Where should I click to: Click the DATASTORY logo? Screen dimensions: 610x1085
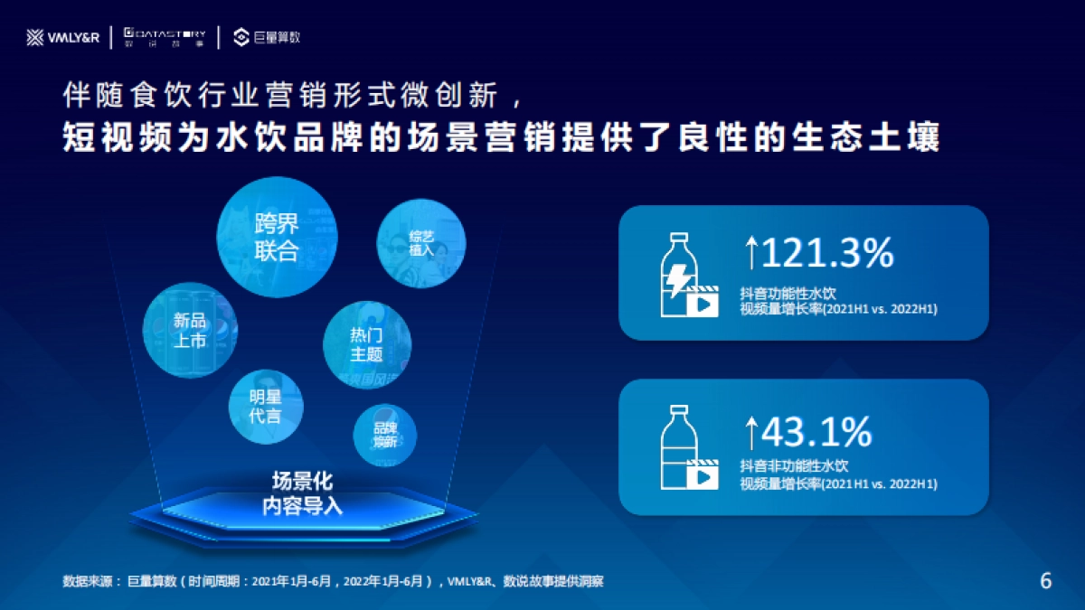pyautogui.click(x=164, y=36)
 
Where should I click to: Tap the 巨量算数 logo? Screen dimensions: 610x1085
pyautogui.click(x=267, y=37)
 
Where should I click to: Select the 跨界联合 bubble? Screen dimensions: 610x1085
pyautogui.click(x=277, y=237)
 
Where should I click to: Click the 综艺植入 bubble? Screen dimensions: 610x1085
pyautogui.click(x=420, y=243)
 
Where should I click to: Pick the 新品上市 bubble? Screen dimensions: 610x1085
pyautogui.click(x=190, y=329)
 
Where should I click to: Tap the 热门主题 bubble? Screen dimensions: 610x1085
pyautogui.click(x=366, y=344)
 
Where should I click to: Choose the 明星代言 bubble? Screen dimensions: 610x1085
pyautogui.click(x=265, y=407)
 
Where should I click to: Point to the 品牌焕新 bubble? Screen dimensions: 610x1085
pyautogui.click(x=385, y=434)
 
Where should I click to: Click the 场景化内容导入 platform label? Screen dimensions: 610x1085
pyautogui.click(x=302, y=493)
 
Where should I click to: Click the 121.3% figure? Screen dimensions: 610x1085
pyautogui.click(x=826, y=254)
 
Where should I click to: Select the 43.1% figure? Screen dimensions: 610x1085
pyautogui.click(x=816, y=433)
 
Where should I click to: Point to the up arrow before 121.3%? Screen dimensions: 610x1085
pyautogui.click(x=750, y=254)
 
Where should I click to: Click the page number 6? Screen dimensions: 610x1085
pyautogui.click(x=1046, y=581)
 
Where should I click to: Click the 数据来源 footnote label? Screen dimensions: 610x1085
pyautogui.click(x=90, y=581)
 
